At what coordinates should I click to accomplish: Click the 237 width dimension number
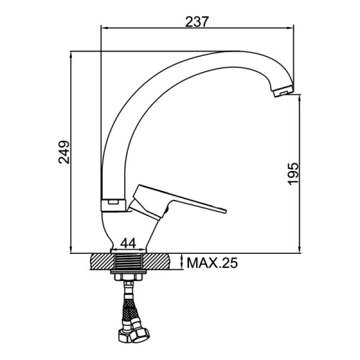197,22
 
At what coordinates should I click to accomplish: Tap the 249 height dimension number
64,152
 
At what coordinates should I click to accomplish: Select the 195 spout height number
293,174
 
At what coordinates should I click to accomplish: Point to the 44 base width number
128,243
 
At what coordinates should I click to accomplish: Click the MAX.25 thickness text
212,263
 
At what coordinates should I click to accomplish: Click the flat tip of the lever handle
224,211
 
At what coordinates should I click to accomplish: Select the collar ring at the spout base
113,205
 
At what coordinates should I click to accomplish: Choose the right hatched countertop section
156,262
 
